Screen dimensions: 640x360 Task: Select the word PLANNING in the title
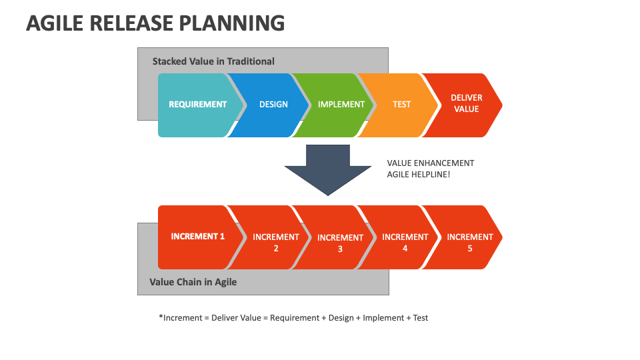pos(232,23)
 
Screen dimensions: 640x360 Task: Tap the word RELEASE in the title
pos(131,23)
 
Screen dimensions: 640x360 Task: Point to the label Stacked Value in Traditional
pos(213,61)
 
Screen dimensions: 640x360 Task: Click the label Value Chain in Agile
pos(193,282)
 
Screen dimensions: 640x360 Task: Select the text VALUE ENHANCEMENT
pos(431,163)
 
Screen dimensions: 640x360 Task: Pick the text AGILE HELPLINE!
pos(419,174)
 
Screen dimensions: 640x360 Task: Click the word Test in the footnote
pos(421,317)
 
